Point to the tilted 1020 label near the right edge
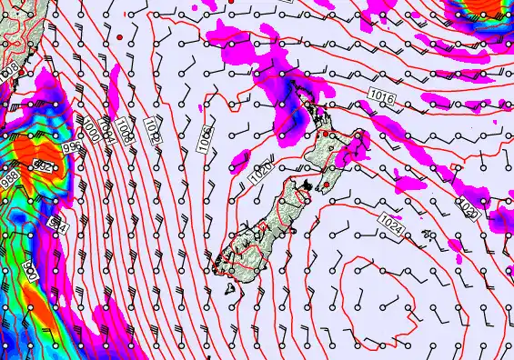(468, 209)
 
